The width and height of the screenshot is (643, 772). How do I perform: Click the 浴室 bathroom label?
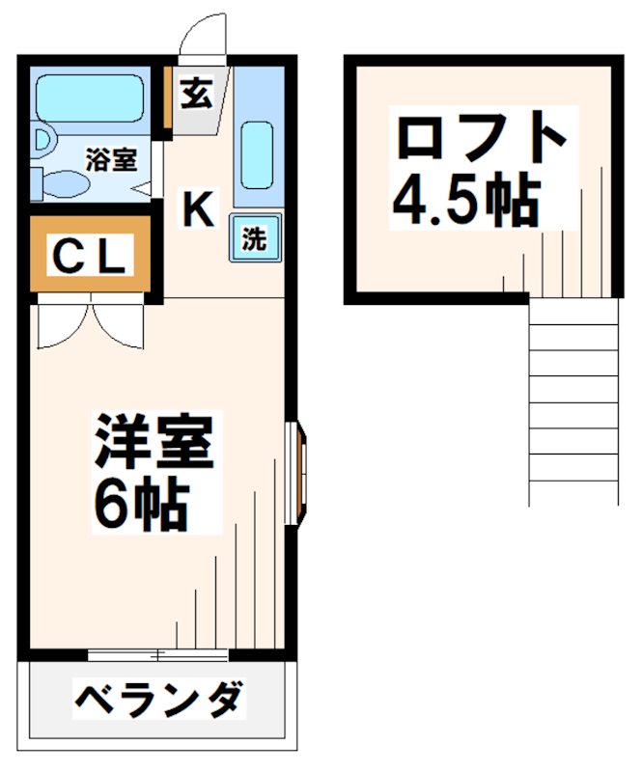coord(110,159)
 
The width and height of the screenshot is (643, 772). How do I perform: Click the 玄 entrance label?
coord(196,95)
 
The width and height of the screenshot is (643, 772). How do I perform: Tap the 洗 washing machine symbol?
coord(253,238)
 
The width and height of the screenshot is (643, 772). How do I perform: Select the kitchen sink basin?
coord(256,153)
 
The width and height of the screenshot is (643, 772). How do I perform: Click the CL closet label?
coord(88,257)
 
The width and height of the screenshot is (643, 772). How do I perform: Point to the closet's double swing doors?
coord(90,323)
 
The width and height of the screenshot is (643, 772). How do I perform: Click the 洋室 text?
coord(152,444)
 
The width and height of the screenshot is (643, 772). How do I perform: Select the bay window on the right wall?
coord(297,473)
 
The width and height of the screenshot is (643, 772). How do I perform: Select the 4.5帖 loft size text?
coord(464,199)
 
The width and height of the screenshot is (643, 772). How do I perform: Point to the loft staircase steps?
coord(573,400)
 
